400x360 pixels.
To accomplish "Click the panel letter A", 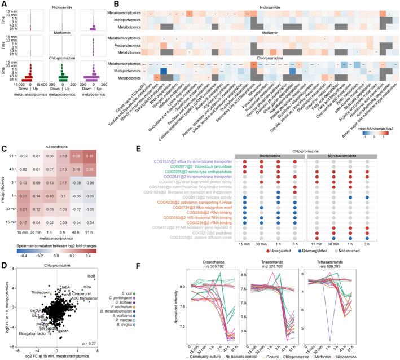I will point(4,5).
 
